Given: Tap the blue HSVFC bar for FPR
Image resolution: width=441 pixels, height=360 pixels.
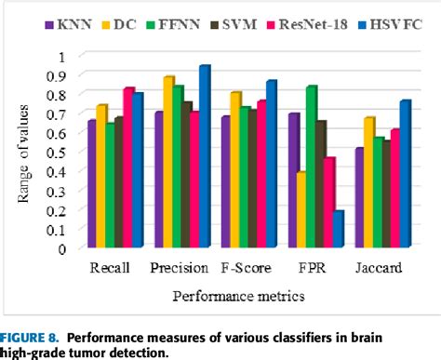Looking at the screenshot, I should coord(340,229).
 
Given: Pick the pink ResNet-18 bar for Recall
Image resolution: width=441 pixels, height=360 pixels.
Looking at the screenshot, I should coord(129,167).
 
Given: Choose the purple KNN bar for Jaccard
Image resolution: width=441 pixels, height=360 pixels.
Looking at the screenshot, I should coord(359,197).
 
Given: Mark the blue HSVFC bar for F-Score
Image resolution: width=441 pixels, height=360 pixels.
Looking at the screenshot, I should coord(273,164).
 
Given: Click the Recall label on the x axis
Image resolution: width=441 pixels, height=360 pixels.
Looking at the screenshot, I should coord(110,269).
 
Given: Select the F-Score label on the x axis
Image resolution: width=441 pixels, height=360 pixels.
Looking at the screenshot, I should coord(246,269).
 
